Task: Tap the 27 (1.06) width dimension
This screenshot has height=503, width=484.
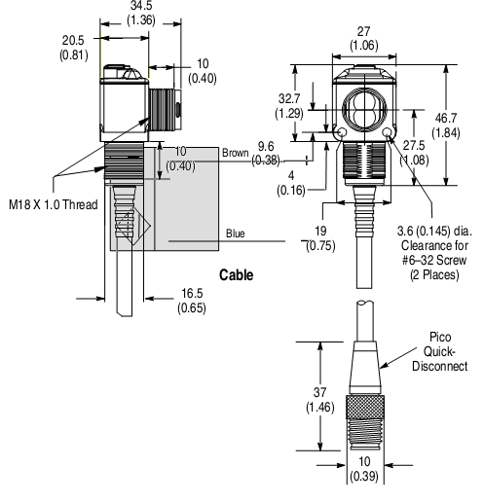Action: (364, 36)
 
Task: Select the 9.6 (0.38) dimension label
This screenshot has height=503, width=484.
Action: (265, 154)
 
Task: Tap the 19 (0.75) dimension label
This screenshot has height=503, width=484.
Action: (317, 238)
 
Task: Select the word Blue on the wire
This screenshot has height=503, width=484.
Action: (235, 234)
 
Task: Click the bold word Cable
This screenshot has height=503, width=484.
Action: (236, 275)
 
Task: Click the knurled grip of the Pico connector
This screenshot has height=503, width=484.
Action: (364, 411)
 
